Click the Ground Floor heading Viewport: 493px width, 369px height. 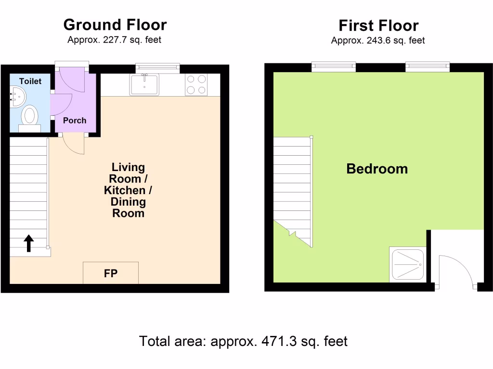[x=115, y=25]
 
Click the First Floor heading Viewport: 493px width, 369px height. [x=378, y=25]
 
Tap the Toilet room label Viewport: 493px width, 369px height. [x=30, y=81]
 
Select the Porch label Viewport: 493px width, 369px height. [x=75, y=120]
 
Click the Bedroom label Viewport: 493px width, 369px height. [x=377, y=169]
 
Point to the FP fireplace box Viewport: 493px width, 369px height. [x=111, y=273]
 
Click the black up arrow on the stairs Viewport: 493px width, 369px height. [x=28, y=243]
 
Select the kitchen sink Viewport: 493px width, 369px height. [x=144, y=85]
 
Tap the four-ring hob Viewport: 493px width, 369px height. [x=196, y=85]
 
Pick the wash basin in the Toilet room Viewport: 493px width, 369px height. [x=17, y=97]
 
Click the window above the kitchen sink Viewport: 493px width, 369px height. [x=157, y=68]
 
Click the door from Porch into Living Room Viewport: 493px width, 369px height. [x=72, y=144]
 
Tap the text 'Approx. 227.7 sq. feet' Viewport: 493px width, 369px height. [x=114, y=40]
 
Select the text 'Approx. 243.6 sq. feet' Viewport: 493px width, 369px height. [x=378, y=41]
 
